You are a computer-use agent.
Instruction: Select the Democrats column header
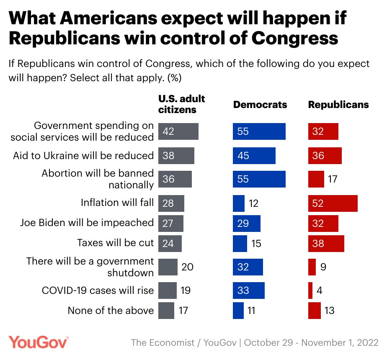pyautogui.click(x=260, y=105)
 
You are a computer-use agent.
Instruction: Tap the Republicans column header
pyautogui.click(x=338, y=105)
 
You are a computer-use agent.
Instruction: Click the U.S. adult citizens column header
pyautogui.click(x=181, y=104)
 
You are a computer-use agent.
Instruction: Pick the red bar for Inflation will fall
pyautogui.click(x=333, y=203)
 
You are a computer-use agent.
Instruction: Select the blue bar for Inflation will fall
pyautogui.click(x=239, y=203)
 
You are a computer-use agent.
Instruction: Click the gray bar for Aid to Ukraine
pyautogui.click(x=176, y=156)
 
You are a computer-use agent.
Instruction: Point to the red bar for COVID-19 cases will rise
pyautogui.click(x=310, y=291)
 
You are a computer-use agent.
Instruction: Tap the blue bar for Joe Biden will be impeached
pyautogui.click(x=247, y=223)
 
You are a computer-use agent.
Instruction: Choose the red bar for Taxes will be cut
pyautogui.click(x=326, y=243)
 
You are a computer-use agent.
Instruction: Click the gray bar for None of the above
pyautogui.click(x=166, y=311)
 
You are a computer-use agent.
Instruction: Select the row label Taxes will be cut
pyautogui.click(x=116, y=243)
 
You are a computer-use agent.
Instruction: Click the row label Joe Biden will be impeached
pyautogui.click(x=87, y=223)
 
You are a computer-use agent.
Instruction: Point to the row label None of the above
pyautogui.click(x=111, y=311)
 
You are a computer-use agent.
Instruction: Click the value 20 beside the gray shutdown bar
pyautogui.click(x=187, y=267)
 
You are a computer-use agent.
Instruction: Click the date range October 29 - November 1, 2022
pyautogui.click(x=311, y=342)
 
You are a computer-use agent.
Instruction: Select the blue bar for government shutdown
pyautogui.click(x=248, y=267)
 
